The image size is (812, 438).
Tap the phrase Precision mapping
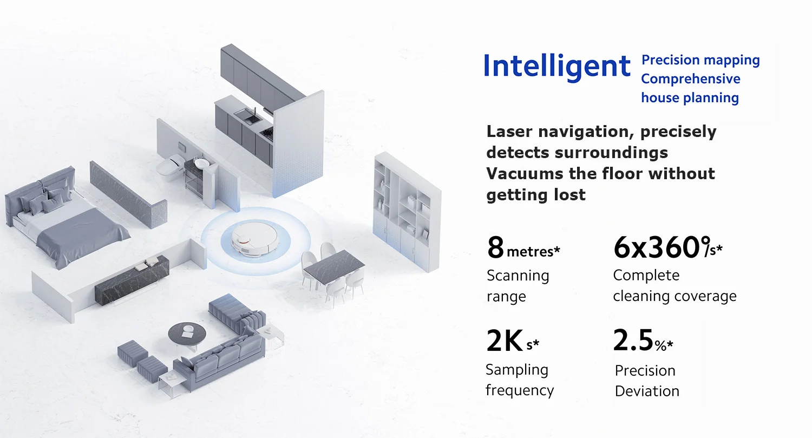(x=700, y=60)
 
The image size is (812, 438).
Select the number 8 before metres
(x=495, y=247)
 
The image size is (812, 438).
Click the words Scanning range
(x=518, y=286)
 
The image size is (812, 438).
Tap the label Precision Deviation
(x=646, y=381)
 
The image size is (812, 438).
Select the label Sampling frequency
(x=519, y=380)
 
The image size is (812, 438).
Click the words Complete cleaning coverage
(x=675, y=286)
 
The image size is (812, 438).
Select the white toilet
(x=168, y=165)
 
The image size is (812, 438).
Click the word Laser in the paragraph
(x=509, y=132)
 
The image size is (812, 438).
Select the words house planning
(x=690, y=98)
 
